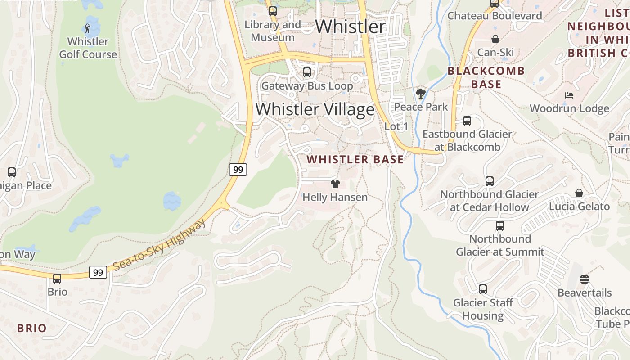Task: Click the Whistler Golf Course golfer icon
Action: pos(88,28)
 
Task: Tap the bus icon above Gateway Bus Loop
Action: pos(307,72)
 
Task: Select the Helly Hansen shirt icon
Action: pos(335,184)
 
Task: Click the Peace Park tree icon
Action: pos(421,94)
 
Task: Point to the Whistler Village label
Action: pos(315,109)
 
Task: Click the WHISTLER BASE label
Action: pos(355,160)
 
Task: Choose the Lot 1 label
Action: pos(396,127)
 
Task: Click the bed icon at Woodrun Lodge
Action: pos(569,95)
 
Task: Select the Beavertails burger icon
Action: pos(585,279)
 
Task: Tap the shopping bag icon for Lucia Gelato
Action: pos(579,193)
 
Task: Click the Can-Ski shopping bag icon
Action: pos(495,39)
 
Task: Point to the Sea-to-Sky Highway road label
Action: pos(160,245)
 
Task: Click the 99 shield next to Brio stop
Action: pos(98,272)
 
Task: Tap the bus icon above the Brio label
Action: pos(57,279)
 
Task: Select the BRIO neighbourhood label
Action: pos(31,328)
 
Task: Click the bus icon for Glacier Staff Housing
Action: pos(483,289)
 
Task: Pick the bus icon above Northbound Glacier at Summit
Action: pos(500,226)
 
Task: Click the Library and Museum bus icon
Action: pos(273,11)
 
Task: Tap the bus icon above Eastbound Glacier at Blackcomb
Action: pos(467,121)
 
